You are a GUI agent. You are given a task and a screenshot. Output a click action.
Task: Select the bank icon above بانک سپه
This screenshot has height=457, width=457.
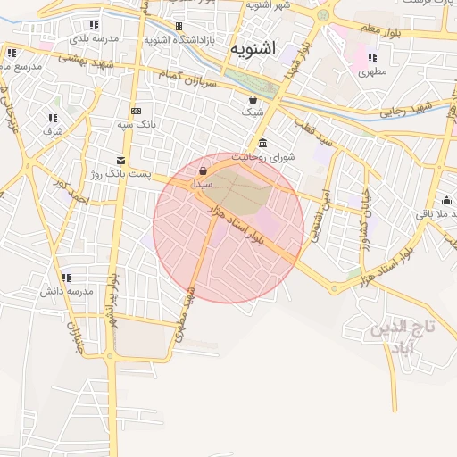136,111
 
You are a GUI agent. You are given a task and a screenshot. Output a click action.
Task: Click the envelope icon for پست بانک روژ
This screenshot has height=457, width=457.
120,161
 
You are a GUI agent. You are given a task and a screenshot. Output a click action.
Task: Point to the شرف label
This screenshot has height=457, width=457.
53,131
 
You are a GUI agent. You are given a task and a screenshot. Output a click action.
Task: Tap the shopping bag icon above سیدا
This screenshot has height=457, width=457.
204,170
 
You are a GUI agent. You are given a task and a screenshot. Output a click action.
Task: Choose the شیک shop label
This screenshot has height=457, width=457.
253,113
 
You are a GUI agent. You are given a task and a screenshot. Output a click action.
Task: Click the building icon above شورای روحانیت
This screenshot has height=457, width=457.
262,144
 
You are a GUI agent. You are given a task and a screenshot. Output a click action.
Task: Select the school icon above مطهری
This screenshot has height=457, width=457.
372,59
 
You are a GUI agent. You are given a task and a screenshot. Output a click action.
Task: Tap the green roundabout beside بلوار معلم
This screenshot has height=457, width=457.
323,15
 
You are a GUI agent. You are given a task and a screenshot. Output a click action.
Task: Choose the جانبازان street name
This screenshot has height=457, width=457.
75,335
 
